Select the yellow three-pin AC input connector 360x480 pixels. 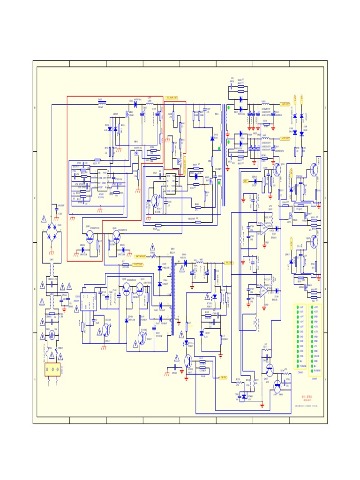(x=52, y=370)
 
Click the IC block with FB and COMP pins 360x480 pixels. (x=102, y=179)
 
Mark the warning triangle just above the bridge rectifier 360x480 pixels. (x=44, y=218)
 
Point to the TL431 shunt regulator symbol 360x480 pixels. (x=202, y=333)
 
